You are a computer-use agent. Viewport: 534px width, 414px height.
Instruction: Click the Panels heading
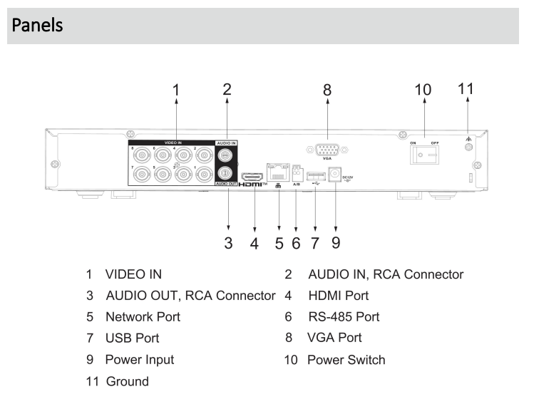tap(36, 26)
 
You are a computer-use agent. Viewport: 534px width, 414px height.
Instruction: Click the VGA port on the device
tap(327, 150)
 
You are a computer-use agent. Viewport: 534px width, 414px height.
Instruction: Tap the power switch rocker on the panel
tap(423, 155)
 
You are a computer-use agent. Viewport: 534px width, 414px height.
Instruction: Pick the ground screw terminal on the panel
tap(468, 147)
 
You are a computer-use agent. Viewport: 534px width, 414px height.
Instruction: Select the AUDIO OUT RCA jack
tap(226, 172)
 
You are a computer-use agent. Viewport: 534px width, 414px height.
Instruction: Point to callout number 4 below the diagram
tap(254, 243)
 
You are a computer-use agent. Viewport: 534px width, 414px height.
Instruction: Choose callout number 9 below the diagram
tap(334, 243)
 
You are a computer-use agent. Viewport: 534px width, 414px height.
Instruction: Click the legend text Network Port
tap(143, 316)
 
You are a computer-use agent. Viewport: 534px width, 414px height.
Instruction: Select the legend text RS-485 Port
tap(343, 316)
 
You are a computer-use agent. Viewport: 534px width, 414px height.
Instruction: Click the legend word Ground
tap(128, 381)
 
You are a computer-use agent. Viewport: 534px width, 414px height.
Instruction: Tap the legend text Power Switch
tap(346, 360)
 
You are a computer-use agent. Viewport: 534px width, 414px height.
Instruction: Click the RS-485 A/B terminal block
tap(295, 172)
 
